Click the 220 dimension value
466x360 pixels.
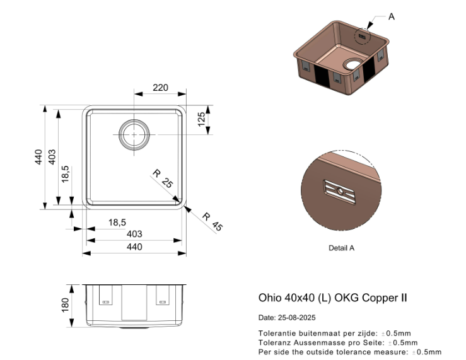click(x=160, y=88)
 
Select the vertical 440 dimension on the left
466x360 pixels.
click(x=38, y=157)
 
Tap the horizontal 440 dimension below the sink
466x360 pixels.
click(x=134, y=247)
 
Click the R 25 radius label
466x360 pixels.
click(x=162, y=179)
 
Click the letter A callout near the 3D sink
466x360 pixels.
click(x=391, y=16)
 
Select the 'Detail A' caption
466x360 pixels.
click(x=341, y=248)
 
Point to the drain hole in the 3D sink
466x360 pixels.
click(x=351, y=66)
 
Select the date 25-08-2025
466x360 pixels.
click(x=300, y=318)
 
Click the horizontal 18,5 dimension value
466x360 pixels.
click(x=117, y=222)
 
